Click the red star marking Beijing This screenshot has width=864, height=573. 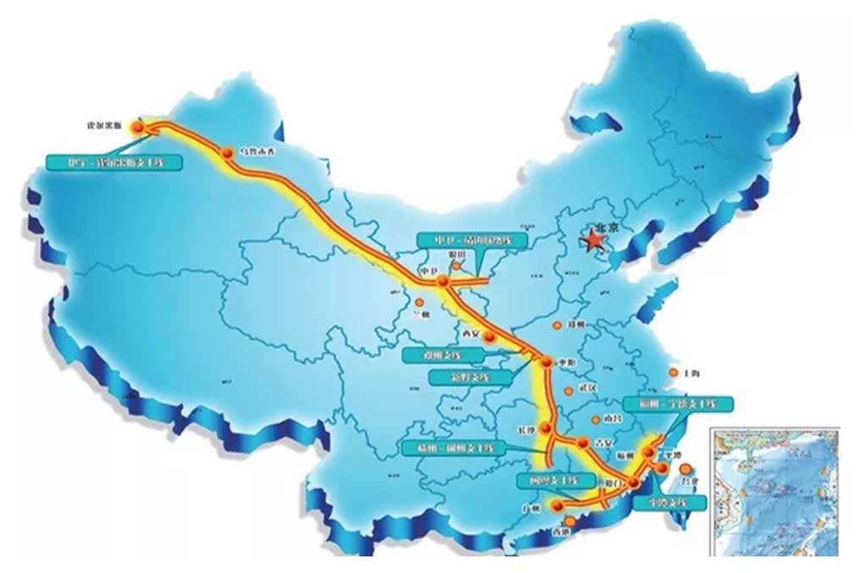pos(595,241)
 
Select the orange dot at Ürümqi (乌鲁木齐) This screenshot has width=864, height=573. pos(227,153)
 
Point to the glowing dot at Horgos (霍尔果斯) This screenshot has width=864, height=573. pos(138,127)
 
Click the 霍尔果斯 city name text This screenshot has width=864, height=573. pos(106,124)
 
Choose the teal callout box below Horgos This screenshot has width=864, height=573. pos(114,161)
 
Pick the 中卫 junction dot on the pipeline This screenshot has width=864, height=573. pos(443,281)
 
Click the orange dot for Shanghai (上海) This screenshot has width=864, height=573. pos(673,372)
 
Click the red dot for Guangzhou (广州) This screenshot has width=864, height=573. pos(557,506)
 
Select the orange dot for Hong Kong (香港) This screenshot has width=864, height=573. pos(569,522)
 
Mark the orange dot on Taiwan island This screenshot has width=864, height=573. pos(685,468)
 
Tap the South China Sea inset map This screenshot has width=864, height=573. pos(775,491)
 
